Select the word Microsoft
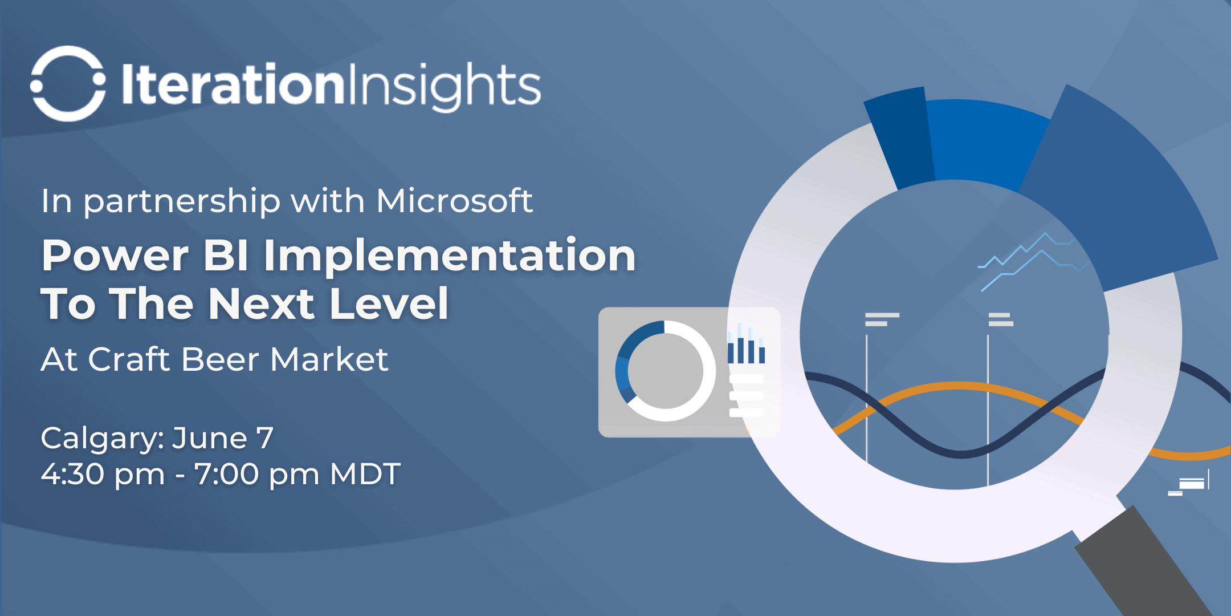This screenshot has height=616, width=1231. pyautogui.click(x=454, y=201)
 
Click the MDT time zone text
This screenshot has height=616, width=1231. pyautogui.click(x=365, y=474)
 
